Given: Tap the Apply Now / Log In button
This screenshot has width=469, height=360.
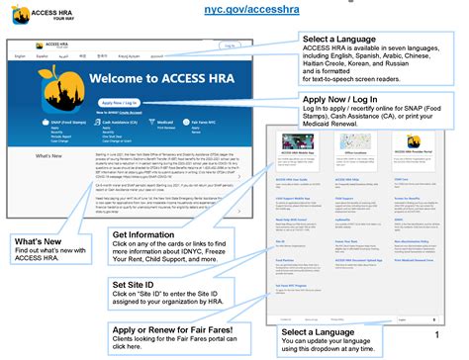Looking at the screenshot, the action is coord(119,103).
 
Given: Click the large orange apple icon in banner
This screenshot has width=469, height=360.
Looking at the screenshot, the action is coord(51,86).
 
